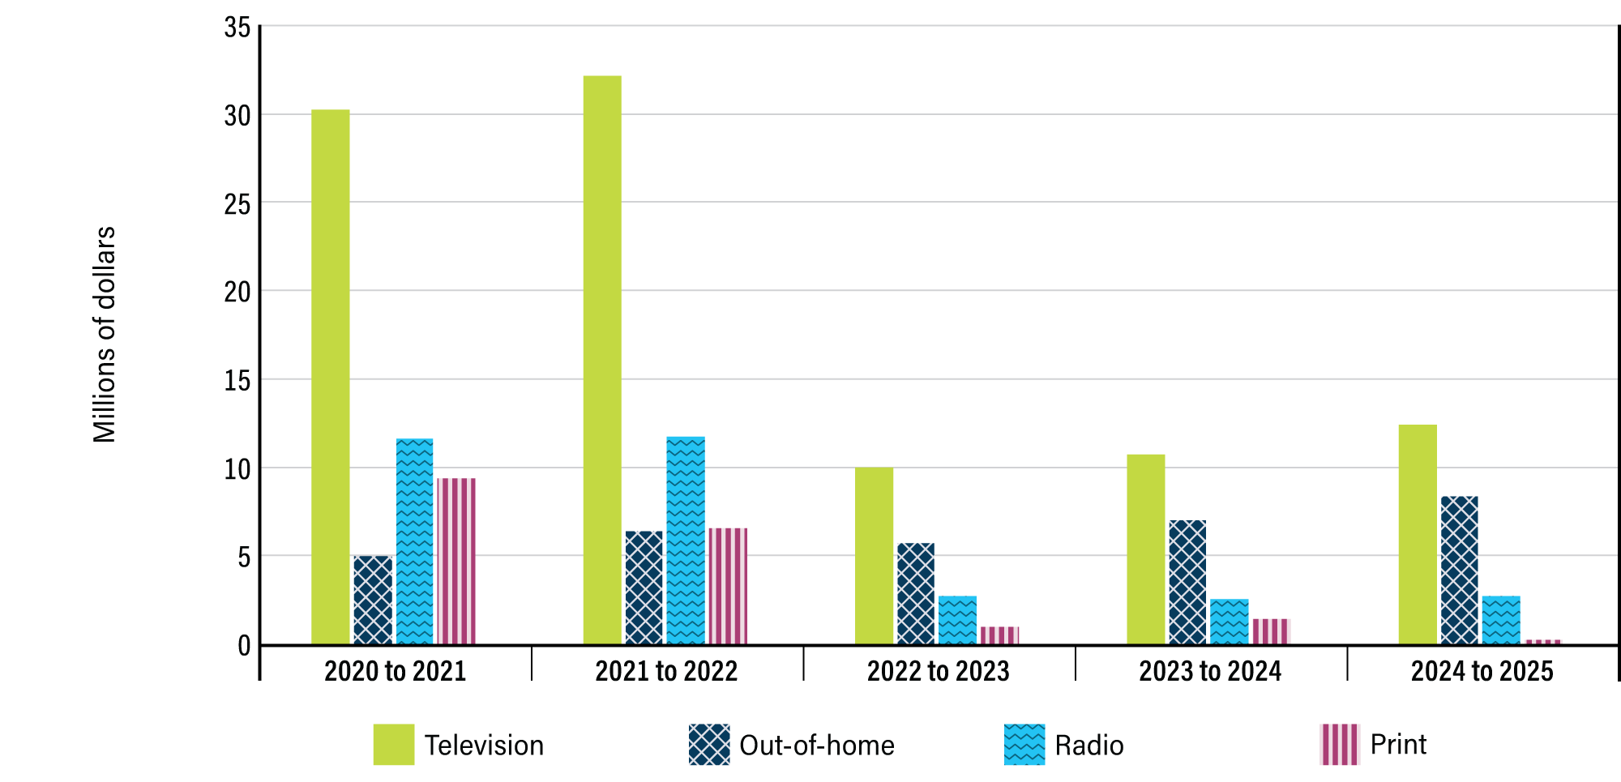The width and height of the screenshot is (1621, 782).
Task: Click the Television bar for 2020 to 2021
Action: (331, 377)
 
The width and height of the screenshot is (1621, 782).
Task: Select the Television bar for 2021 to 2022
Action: (602, 361)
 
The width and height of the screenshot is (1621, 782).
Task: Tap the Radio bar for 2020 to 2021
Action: (414, 541)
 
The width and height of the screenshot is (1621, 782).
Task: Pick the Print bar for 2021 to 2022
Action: (728, 586)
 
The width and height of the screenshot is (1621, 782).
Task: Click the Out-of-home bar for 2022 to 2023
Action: (916, 593)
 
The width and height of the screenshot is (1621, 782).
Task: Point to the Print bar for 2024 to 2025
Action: (1542, 642)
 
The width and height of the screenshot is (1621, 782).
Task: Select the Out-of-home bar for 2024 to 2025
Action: (1460, 570)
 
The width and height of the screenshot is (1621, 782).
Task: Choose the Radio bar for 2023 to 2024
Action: (1229, 622)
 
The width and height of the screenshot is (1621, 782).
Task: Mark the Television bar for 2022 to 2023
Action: (874, 556)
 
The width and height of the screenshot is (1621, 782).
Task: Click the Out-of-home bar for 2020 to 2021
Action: (373, 600)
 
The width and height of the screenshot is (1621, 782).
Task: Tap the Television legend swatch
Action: (393, 745)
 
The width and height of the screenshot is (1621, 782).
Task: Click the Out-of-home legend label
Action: (816, 746)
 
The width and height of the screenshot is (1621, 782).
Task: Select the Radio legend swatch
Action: (1024, 745)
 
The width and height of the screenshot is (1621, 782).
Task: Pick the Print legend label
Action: (1397, 745)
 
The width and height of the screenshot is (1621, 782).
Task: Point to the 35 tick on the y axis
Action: (237, 28)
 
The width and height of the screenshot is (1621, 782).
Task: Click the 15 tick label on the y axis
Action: (237, 380)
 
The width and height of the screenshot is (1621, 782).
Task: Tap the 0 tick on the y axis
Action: (244, 646)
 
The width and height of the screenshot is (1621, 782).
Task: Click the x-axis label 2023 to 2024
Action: (1210, 671)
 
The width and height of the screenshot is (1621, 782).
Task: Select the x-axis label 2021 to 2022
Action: (666, 671)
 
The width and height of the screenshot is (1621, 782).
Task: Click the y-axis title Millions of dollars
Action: (105, 335)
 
